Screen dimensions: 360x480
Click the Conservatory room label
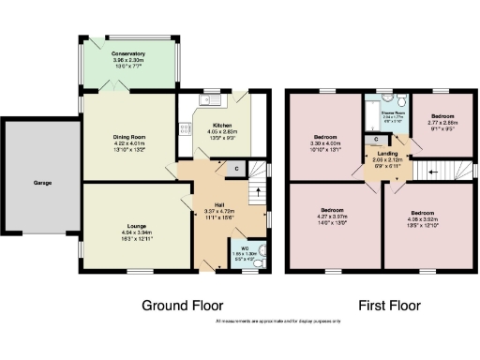[127, 54]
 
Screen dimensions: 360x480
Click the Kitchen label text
[222, 125]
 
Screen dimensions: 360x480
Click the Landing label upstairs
[377, 156]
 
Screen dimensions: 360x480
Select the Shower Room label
[392, 111]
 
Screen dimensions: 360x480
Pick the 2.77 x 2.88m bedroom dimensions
[441, 123]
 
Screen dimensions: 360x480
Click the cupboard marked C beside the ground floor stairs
[236, 168]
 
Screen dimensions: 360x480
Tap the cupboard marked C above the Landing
[375, 139]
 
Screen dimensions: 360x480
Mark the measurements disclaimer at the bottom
[277, 322]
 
